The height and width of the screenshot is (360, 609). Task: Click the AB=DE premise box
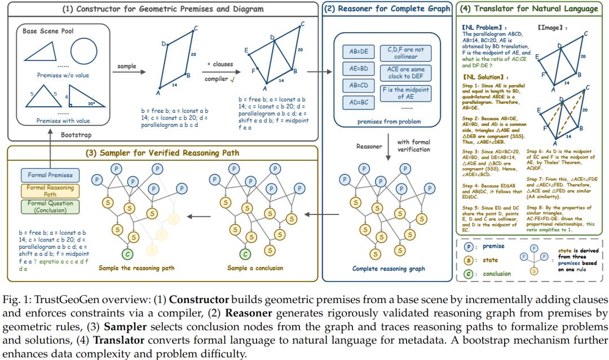pos(359,51)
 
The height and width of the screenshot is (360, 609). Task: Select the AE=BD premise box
pos(359,68)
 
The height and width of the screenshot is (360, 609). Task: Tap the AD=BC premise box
pos(359,102)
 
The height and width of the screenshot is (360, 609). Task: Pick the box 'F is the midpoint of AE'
pos(405,94)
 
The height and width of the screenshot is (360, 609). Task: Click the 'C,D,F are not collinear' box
pos(405,53)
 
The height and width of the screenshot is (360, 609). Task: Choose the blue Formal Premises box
pos(50,175)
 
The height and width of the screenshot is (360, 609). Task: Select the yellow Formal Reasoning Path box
pos(50,191)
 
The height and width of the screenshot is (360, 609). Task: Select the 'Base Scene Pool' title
pos(49,31)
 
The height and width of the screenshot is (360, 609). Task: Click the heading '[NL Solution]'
pos(482,77)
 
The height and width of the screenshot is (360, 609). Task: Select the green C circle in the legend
pos(468,274)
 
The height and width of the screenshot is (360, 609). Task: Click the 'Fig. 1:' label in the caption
pos(14,299)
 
